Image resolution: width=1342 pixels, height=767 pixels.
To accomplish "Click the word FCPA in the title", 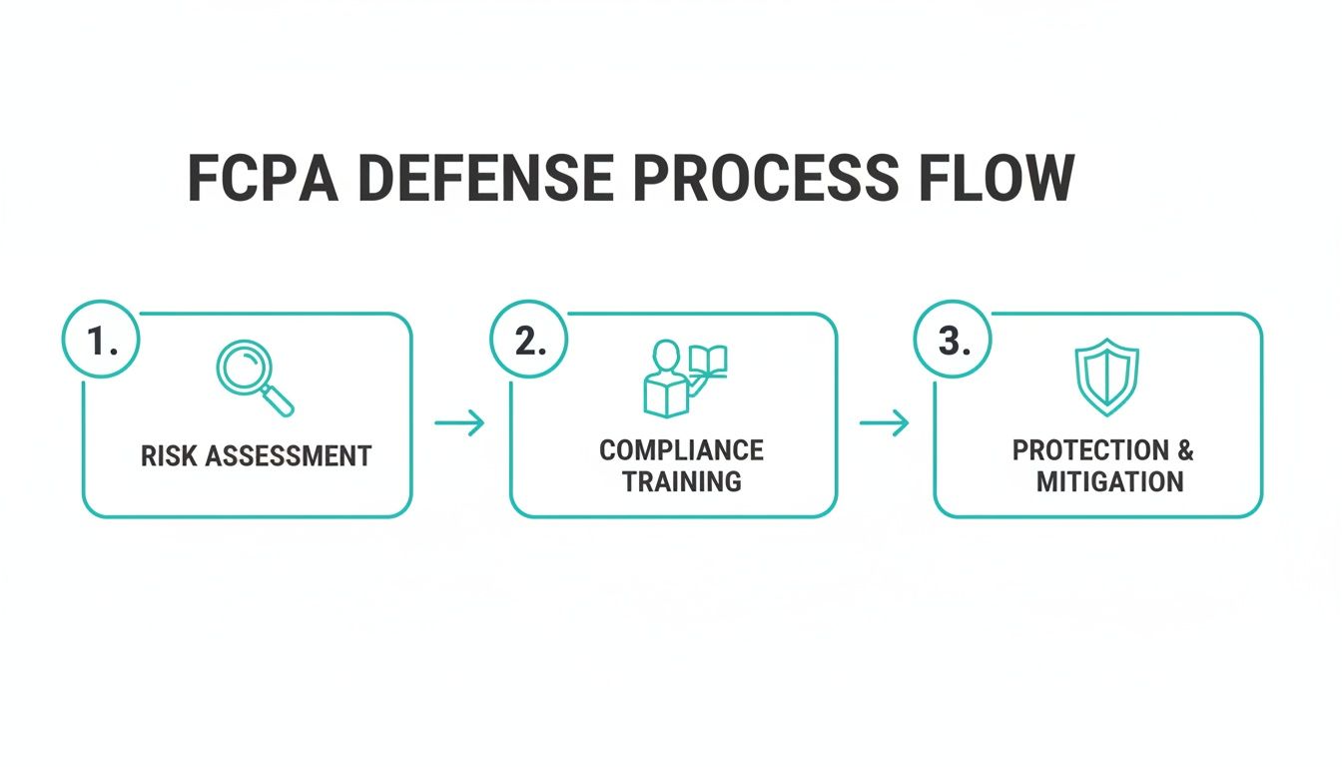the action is [263, 178].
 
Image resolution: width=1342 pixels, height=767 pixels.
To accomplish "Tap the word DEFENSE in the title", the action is [486, 178].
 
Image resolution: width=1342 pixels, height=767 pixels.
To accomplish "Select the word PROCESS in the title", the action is [766, 178].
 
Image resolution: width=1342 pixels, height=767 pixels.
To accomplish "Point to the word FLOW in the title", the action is [997, 178].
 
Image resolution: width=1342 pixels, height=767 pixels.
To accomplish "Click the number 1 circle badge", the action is [101, 340].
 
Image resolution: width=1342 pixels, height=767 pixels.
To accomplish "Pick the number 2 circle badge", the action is [529, 340].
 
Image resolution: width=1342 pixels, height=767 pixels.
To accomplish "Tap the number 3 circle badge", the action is [953, 340].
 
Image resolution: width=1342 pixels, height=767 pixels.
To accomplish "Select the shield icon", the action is [1107, 378].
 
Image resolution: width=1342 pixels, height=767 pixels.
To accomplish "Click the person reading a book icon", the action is [685, 379].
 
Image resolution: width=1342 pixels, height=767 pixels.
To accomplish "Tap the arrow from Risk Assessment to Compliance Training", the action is [459, 423].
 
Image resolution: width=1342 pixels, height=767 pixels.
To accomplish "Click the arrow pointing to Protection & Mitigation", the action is [885, 423].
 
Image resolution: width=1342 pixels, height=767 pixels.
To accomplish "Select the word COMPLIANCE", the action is [682, 450].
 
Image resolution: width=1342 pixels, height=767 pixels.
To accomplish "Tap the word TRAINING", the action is [682, 481].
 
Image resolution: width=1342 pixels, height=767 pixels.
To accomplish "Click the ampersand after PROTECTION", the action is [1185, 450].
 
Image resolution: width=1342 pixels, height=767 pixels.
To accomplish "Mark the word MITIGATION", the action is [1110, 481].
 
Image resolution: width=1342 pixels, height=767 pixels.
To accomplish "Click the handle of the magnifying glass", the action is [278, 400].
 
